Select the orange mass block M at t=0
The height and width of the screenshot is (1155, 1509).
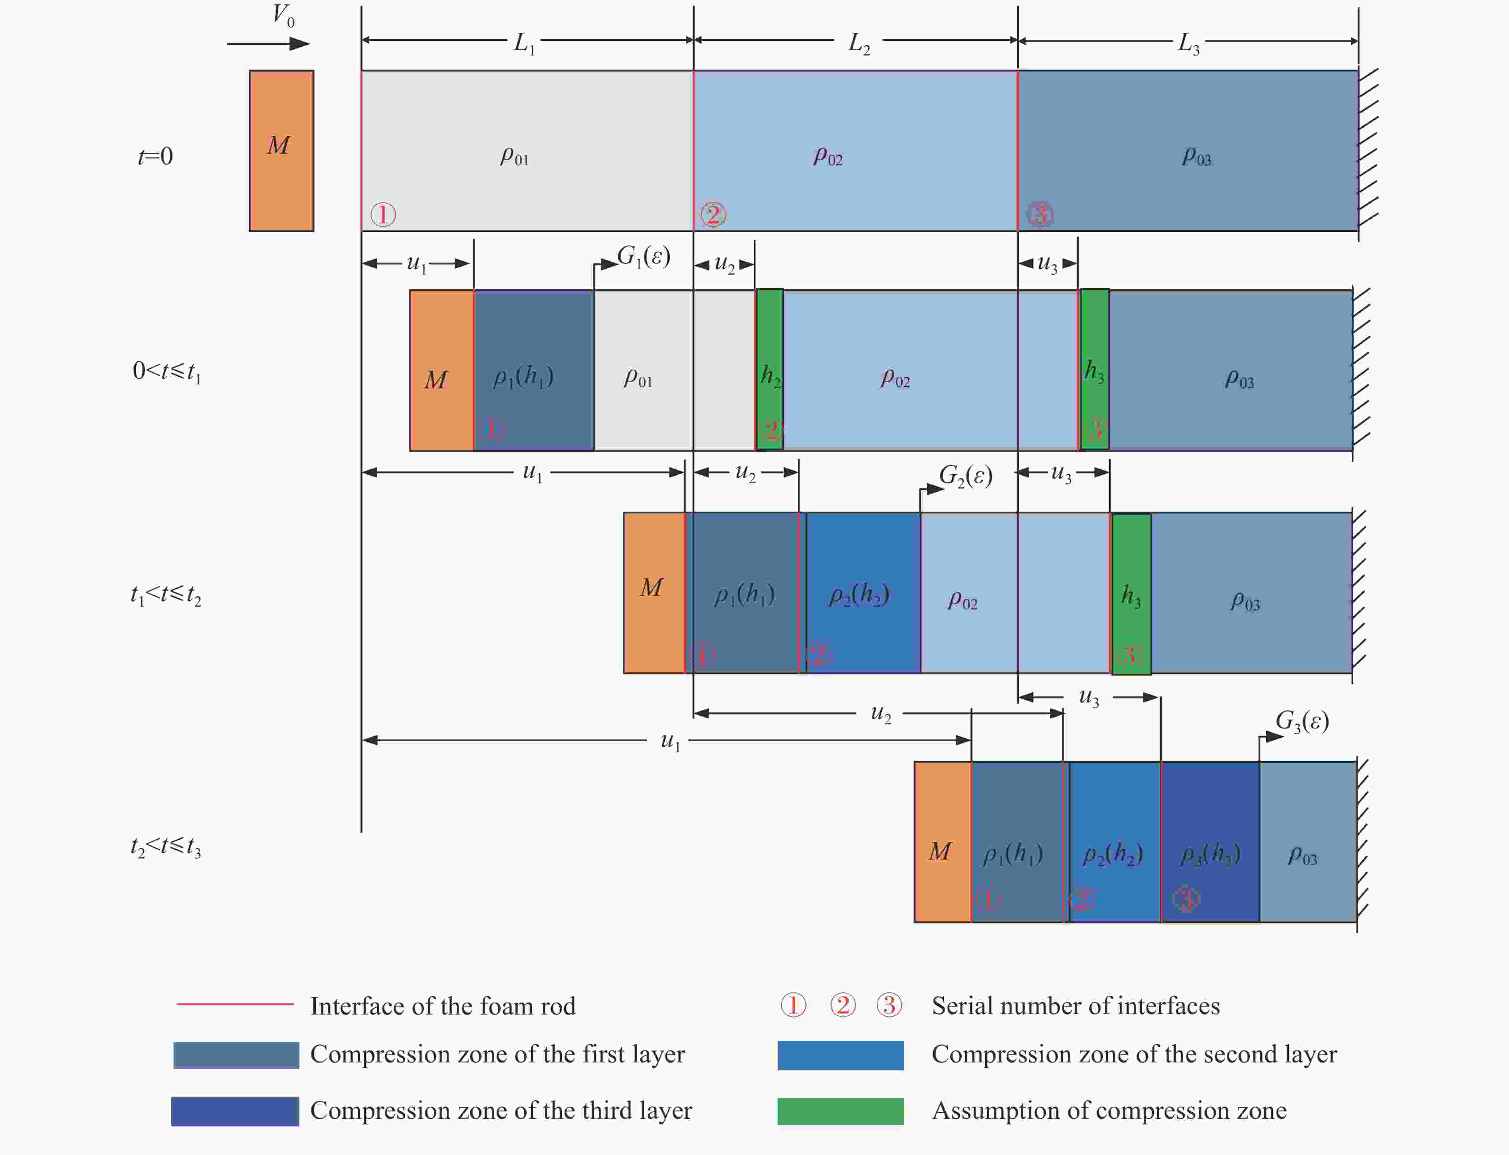[281, 150]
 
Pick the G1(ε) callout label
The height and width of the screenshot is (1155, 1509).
[643, 257]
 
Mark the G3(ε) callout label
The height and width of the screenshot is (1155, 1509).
[1301, 721]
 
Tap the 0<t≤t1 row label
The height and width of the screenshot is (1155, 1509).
[166, 372]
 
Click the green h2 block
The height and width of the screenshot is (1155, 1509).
[770, 369]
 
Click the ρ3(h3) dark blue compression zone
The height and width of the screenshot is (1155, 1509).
[1210, 841]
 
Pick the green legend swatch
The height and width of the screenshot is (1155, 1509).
[840, 1111]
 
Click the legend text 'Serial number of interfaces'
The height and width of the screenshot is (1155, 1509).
[1075, 1006]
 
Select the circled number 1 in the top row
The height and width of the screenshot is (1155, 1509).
[383, 214]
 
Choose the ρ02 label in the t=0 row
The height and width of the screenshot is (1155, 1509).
[828, 157]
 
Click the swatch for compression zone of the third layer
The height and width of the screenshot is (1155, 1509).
[235, 1111]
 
